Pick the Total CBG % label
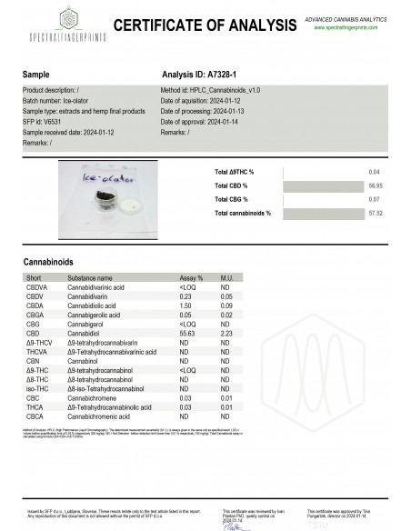pyautogui.click(x=234, y=198)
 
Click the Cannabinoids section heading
pyautogui.click(x=48, y=262)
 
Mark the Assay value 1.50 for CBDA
pyautogui.click(x=187, y=306)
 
